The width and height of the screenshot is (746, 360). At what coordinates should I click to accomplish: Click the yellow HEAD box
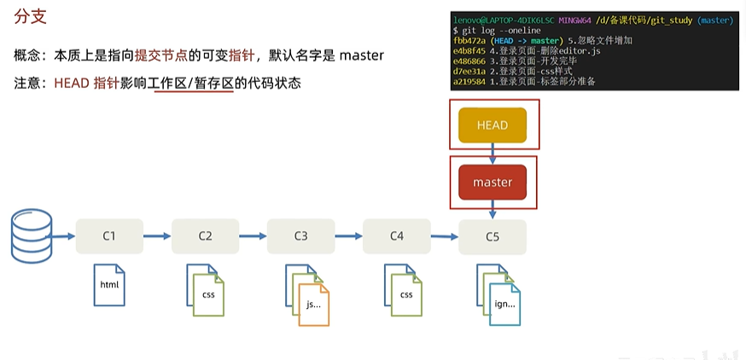(492, 125)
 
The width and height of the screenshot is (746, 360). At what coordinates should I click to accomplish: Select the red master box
(492, 183)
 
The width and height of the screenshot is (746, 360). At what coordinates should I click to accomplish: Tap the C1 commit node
(109, 236)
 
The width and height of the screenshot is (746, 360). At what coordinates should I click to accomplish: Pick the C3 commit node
(300, 236)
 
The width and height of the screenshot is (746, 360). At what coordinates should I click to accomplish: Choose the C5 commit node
(492, 237)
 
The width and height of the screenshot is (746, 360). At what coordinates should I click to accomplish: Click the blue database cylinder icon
(32, 236)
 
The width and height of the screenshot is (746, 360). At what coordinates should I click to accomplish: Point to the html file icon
(109, 285)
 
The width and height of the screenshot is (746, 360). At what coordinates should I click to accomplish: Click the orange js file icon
(313, 305)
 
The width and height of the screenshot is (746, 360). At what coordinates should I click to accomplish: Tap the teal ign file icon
(504, 305)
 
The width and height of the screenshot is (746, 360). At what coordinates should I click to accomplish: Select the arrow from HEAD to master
(492, 154)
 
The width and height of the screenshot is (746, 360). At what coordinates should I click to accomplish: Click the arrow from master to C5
(492, 210)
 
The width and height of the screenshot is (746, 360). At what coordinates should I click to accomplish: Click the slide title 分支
(30, 18)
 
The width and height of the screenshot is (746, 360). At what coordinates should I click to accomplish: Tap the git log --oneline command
(496, 31)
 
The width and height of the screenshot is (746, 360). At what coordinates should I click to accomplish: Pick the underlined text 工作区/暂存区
(194, 84)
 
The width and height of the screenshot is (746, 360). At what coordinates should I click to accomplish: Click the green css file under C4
(406, 295)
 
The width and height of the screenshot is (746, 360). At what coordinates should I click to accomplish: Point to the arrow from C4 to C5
(445, 236)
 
